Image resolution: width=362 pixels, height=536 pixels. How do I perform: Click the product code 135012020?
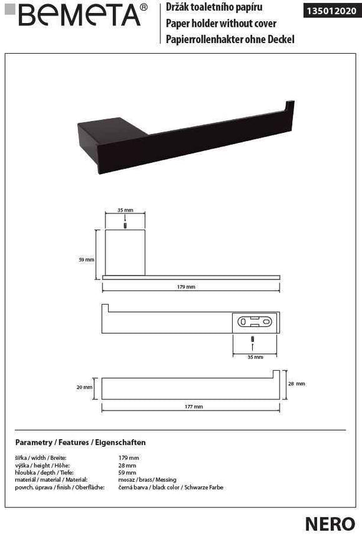click(331, 11)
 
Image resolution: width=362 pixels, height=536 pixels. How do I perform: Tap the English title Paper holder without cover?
click(221, 24)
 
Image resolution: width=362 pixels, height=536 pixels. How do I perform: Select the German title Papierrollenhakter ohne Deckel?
click(230, 39)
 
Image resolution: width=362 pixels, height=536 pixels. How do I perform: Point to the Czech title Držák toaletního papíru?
click(214, 7)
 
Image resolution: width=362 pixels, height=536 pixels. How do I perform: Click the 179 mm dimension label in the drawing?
click(186, 287)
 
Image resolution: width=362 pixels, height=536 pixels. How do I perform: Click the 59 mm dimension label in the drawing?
click(87, 260)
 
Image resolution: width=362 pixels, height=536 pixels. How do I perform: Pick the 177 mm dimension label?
click(194, 406)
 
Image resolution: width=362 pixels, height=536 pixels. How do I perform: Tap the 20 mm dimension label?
click(84, 387)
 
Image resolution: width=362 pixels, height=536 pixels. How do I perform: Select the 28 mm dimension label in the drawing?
click(296, 384)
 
